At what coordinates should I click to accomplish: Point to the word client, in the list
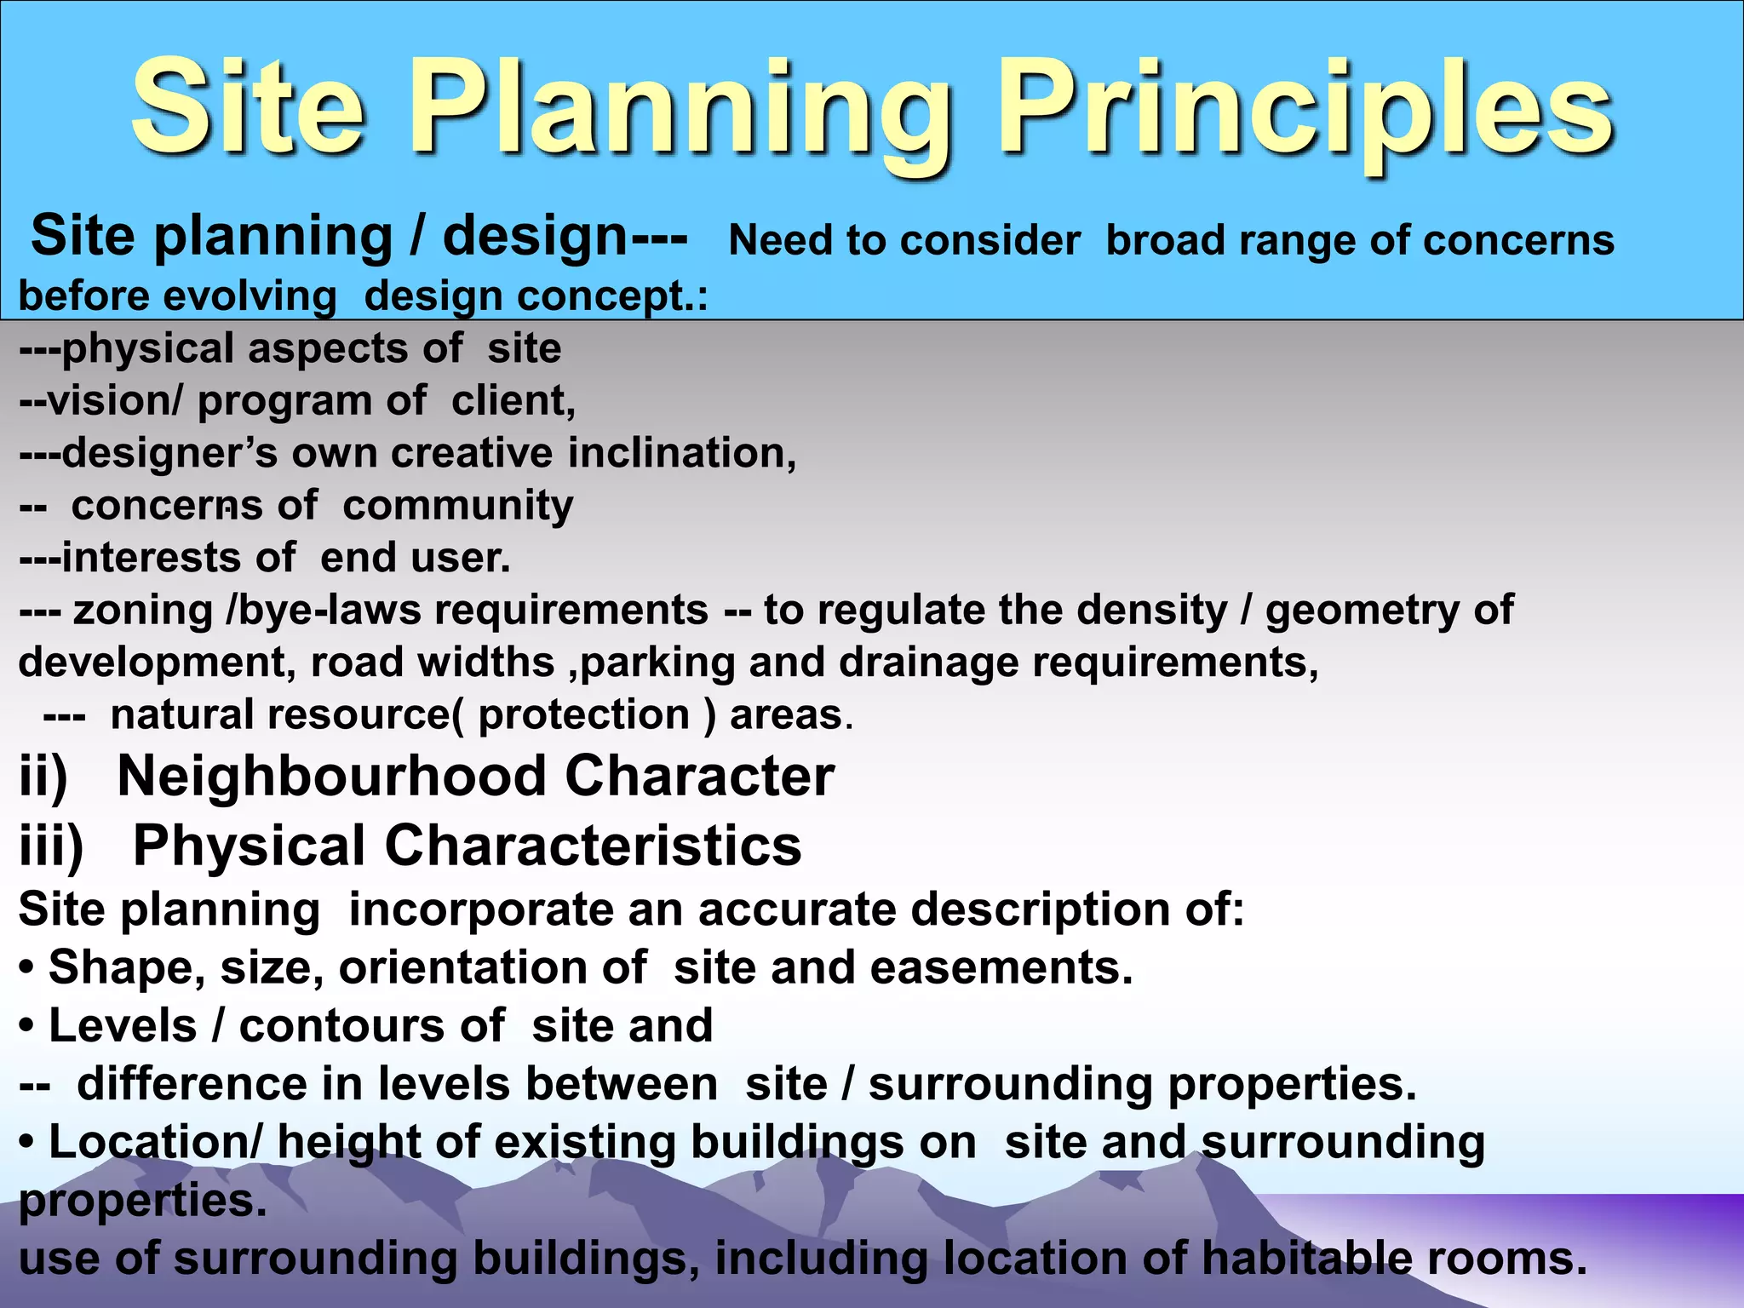pos(513,400)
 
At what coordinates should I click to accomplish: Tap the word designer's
pos(169,452)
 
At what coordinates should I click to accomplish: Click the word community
pos(458,505)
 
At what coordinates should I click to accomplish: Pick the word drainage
pos(928,662)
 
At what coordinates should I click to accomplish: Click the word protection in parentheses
pos(583,714)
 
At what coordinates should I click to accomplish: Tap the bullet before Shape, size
pos(27,968)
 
